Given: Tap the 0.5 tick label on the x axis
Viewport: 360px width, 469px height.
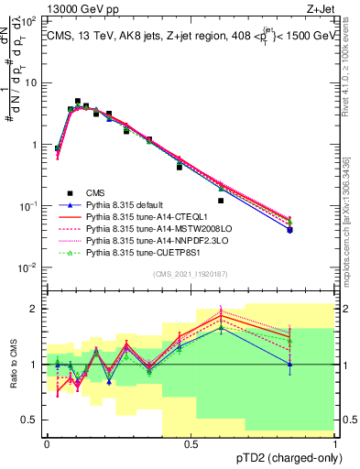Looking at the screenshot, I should coord(191,443).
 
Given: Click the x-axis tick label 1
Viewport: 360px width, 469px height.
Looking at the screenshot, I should coord(334,443).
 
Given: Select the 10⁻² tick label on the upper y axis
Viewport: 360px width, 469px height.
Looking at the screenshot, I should coord(29,267).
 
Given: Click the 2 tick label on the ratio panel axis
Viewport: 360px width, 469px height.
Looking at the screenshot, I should coord(36,309).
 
